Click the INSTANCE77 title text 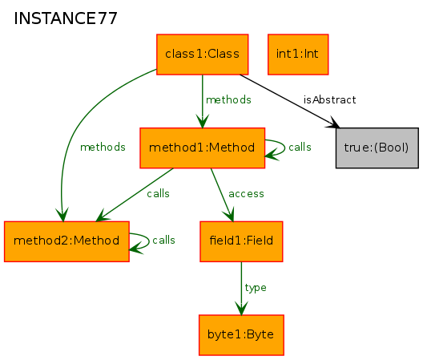pos(66,18)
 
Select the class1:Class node pos(203,55)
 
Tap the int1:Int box pos(298,55)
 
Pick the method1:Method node pos(203,148)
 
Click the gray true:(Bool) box pos(377,148)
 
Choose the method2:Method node pos(66,241)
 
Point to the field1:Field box pos(241,241)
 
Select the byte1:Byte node pos(241,335)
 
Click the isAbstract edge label pos(329,100)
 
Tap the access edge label pos(246,194)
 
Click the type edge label pos(256,288)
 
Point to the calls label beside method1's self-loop pos(300,148)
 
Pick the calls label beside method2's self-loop pos(163,240)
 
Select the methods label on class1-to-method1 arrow pos(228,100)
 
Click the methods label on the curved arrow pos(103,148)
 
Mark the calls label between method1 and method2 pos(158,194)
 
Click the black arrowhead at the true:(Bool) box pos(335,123)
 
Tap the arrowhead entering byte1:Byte pos(241,309)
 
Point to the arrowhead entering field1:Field pos(229,215)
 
